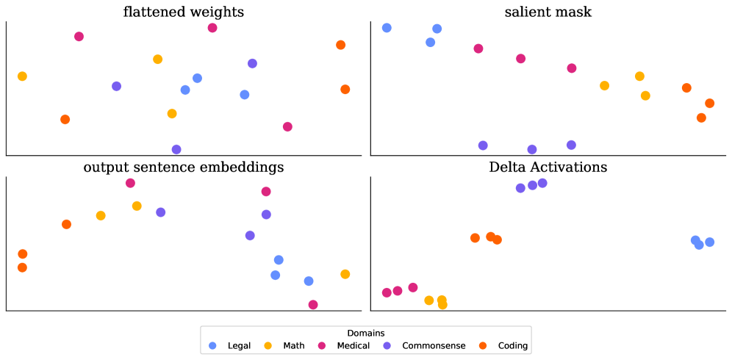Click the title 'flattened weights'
184,12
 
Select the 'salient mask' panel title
548,12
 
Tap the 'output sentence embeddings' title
184,168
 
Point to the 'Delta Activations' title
548,168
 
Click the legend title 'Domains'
365,333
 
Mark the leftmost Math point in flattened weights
22,76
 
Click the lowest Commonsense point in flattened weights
176,149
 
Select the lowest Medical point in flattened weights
287,126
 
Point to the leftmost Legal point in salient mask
387,28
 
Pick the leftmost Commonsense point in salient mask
483,145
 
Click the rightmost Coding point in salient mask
709,104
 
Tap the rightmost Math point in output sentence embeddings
345,274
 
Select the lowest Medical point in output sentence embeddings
313,304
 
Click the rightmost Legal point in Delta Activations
709,242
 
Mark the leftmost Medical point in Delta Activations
387,292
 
